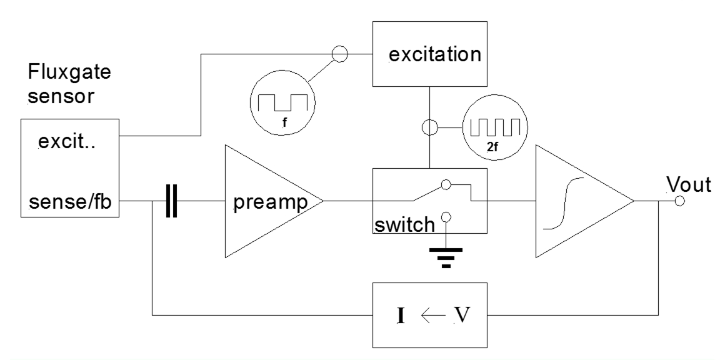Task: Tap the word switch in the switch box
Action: click(x=404, y=223)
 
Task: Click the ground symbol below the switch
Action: click(x=445, y=256)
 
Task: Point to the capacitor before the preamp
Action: click(x=169, y=201)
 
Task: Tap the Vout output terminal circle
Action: click(x=680, y=201)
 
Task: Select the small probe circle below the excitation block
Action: click(x=429, y=129)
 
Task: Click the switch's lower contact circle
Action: click(x=445, y=217)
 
